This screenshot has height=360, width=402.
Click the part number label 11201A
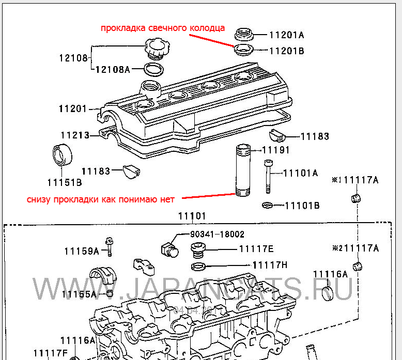click(286, 35)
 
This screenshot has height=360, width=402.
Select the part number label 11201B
click(286, 51)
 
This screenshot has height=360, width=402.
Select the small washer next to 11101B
click(267, 206)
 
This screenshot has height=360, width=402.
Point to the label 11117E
click(256, 248)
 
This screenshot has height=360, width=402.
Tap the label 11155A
click(79, 294)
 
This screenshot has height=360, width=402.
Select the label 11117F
click(51, 353)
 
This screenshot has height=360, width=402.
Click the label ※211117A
click(355, 248)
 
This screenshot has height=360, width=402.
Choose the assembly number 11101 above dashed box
click(192, 216)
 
